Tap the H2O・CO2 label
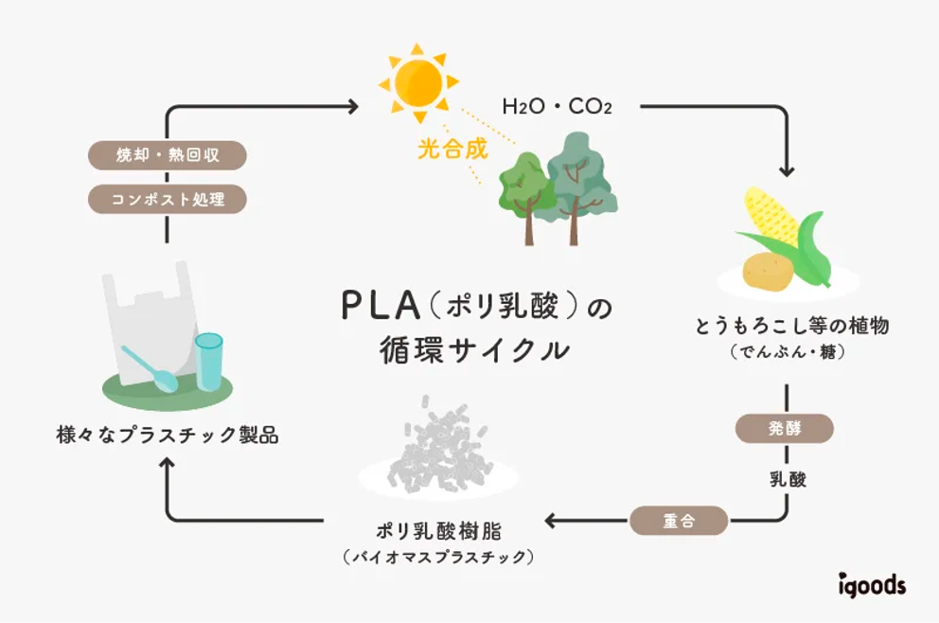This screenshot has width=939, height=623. tap(557, 106)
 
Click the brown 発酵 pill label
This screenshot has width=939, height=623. tap(786, 428)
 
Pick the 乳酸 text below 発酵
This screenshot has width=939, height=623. tap(787, 479)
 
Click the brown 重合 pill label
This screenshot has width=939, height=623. tap(679, 520)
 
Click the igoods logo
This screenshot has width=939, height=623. tap(871, 585)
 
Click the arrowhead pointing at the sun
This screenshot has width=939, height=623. tap(353, 106)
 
